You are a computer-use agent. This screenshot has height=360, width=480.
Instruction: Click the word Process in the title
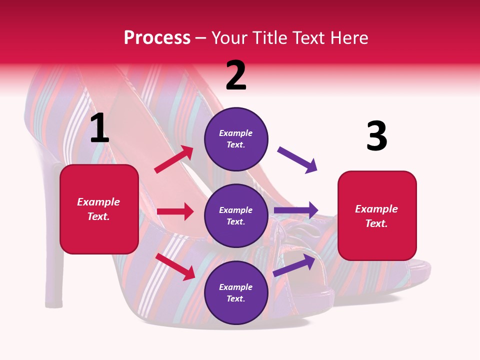pyautogui.click(x=157, y=38)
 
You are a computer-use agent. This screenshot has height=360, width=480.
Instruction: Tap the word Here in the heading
pyautogui.click(x=348, y=38)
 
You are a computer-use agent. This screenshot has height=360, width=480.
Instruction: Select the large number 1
pyautogui.click(x=99, y=128)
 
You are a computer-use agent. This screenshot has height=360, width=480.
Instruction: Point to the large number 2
pyautogui.click(x=236, y=75)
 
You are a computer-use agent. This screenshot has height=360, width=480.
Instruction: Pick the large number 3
pyautogui.click(x=376, y=136)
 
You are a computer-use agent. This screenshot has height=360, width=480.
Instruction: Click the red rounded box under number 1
pyautogui.click(x=99, y=209)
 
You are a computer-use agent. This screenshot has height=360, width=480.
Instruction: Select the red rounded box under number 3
pyautogui.click(x=377, y=216)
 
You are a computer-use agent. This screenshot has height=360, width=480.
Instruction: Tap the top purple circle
pyautogui.click(x=236, y=139)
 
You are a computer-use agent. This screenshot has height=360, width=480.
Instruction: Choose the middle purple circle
pyautogui.click(x=236, y=215)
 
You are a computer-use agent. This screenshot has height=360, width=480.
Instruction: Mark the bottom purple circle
pyautogui.click(x=236, y=292)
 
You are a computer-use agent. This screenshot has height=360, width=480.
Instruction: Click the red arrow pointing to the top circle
pyautogui.click(x=174, y=159)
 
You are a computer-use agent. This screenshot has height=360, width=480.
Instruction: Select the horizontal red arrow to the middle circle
pyautogui.click(x=175, y=211)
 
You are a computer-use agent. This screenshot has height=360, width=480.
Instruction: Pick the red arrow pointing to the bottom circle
pyautogui.click(x=175, y=267)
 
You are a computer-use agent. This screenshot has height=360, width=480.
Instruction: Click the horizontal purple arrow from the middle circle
pyautogui.click(x=296, y=210)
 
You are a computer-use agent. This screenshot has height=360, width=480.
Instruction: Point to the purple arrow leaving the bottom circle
pyautogui.click(x=294, y=265)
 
